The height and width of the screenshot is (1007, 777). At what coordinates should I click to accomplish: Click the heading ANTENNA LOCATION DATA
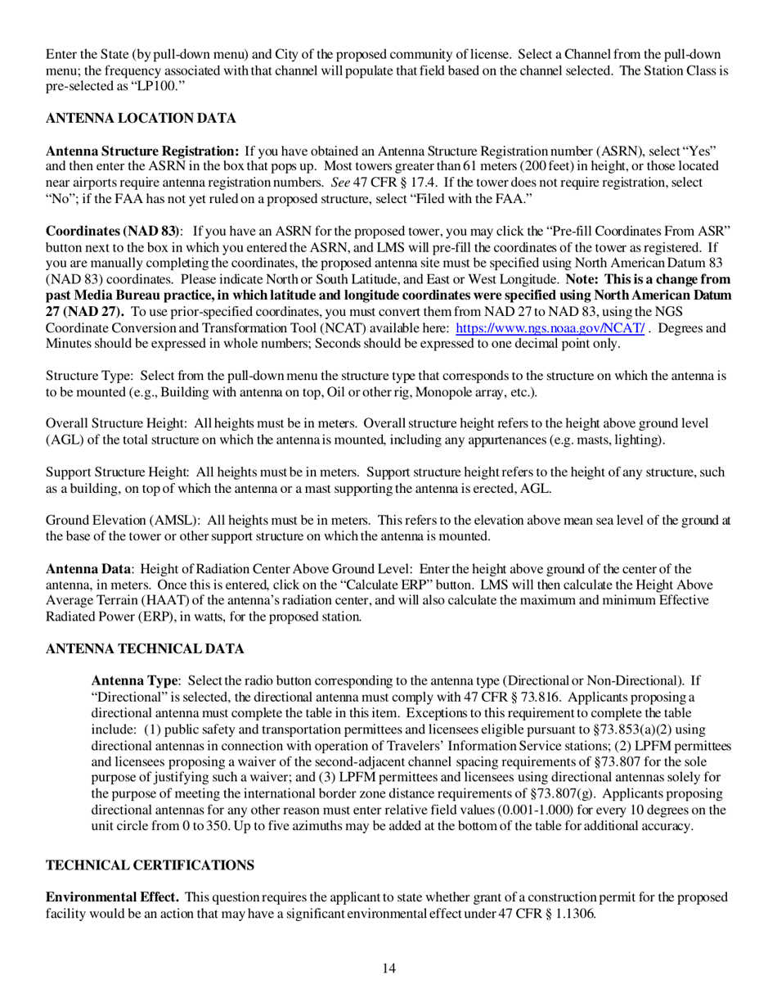pyautogui.click(x=141, y=119)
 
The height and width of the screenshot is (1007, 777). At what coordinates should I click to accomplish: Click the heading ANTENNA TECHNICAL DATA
pyautogui.click(x=145, y=649)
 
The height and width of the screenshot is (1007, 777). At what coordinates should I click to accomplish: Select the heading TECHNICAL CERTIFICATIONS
pyautogui.click(x=150, y=866)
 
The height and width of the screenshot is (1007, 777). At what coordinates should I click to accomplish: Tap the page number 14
pyautogui.click(x=388, y=969)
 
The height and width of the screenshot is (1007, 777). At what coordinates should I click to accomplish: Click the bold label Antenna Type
pyautogui.click(x=134, y=681)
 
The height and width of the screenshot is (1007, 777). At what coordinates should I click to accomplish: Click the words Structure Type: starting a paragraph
pyautogui.click(x=89, y=376)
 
